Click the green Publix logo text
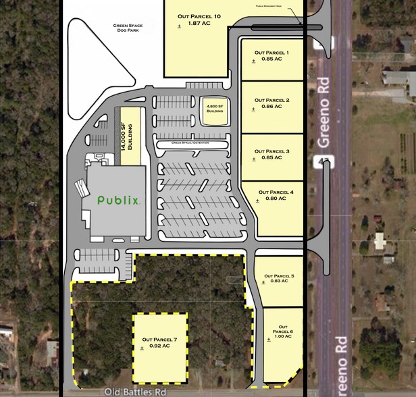pyautogui.click(x=119, y=200)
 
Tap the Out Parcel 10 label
pyautogui.click(x=199, y=16)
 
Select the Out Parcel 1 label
pyautogui.click(x=271, y=52)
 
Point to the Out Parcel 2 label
pyautogui.click(x=271, y=100)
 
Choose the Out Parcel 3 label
pyautogui.click(x=271, y=151)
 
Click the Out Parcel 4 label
pyautogui.click(x=271, y=192)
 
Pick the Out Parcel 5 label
pyautogui.click(x=279, y=275)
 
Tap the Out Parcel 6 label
pyautogui.click(x=283, y=329)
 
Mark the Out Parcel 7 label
pyautogui.click(x=159, y=340)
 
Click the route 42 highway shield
pyautogui.click(x=320, y=159)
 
